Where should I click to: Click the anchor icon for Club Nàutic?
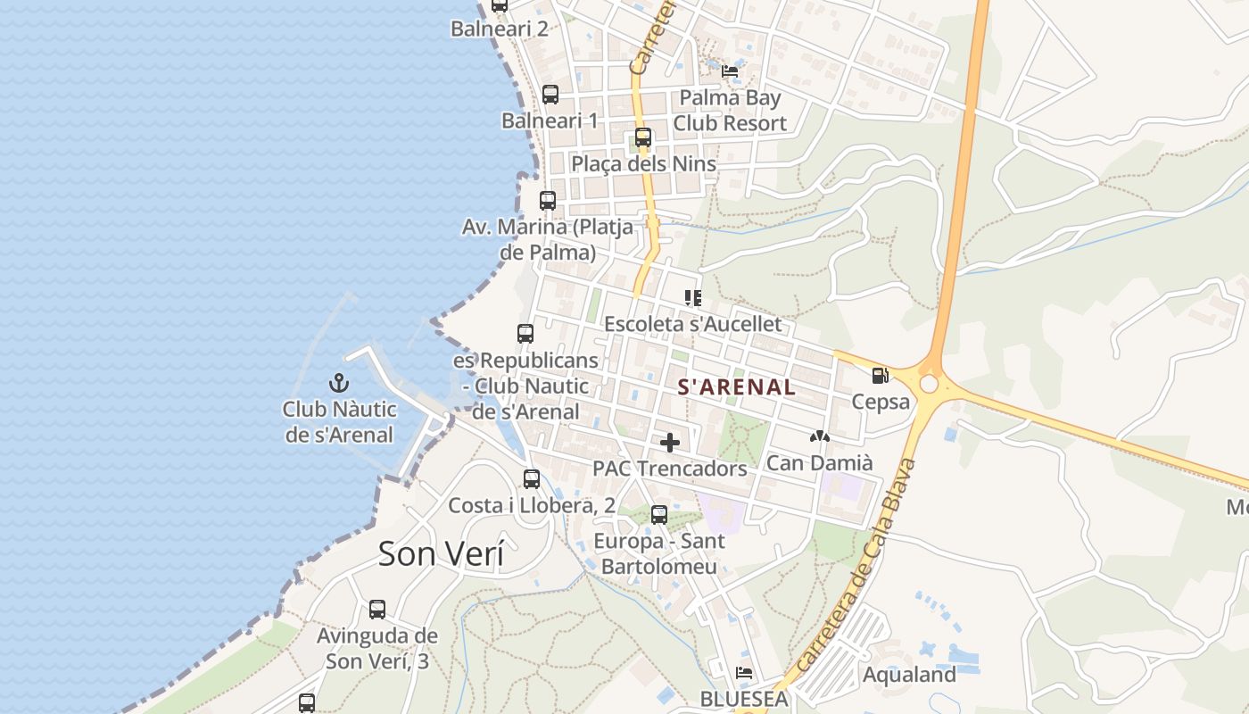pos(339,384)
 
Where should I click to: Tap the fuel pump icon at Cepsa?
pos(880,376)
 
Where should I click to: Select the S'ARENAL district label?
pos(736,387)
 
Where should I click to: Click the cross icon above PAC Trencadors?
pos(670,443)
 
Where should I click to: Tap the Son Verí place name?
pos(441,553)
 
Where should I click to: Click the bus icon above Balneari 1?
pos(550,95)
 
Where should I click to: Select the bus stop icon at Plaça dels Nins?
pos(643,138)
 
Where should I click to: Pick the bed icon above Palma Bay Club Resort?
pos(730,71)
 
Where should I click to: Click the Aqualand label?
pos(909,675)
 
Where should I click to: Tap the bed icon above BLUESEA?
pos(744,673)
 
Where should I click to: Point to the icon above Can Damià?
pos(819,437)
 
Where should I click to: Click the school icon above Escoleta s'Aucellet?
pos(692,298)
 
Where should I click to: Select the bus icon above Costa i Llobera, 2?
pos(532,479)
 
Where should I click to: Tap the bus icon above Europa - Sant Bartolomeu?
pos(659,515)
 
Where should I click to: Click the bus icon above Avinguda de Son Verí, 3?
pos(377,610)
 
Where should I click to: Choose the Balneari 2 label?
pos(499,29)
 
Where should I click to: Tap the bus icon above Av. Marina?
pos(548,201)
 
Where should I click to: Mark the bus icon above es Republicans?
pos(525,334)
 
